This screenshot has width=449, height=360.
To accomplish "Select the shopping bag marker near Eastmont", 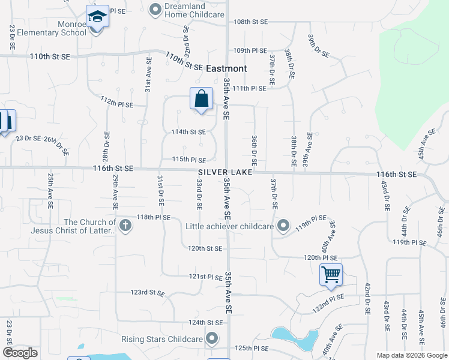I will tap(201, 98).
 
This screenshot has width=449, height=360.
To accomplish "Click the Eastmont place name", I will tap(226, 68).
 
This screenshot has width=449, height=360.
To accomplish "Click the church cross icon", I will tap(125, 226).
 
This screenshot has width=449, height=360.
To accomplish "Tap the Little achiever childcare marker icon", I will tap(284, 226).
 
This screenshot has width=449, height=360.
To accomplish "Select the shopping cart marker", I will tap(331, 275).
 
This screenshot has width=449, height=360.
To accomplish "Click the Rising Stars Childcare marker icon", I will tap(212, 340).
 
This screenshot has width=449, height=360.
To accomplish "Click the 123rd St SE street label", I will tap(147, 292).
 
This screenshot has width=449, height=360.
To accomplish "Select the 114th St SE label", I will tap(188, 131).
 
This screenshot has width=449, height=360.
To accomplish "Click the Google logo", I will tap(20, 353).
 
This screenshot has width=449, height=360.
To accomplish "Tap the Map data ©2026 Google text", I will tap(411, 355).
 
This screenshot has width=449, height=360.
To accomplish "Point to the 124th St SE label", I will tap(205, 322).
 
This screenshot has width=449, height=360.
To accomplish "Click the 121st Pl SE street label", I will tap(205, 277).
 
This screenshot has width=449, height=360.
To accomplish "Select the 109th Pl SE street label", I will tap(250, 50).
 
